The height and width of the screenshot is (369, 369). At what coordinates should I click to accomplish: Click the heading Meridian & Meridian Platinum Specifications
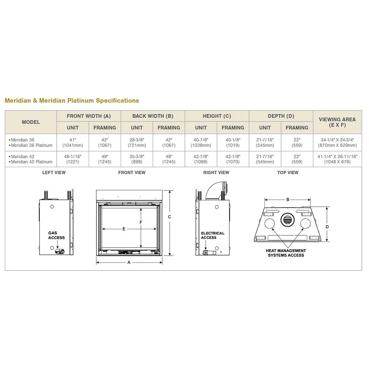click(x=72, y=100)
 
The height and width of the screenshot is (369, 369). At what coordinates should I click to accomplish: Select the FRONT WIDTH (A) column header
click(x=89, y=116)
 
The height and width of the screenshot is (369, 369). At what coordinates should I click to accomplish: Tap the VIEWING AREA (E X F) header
click(x=337, y=122)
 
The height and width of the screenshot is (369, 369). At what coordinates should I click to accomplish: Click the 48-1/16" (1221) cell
click(x=73, y=159)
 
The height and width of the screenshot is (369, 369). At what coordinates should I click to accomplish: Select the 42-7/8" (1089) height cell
click(x=201, y=159)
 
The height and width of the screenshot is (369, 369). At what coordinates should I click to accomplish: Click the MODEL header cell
click(x=31, y=122)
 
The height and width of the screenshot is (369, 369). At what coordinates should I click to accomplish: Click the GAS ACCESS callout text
click(x=56, y=235)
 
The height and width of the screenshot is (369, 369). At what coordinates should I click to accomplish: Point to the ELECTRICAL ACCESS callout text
click(x=213, y=235)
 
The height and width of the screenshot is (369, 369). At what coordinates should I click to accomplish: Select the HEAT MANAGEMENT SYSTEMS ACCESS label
click(x=286, y=253)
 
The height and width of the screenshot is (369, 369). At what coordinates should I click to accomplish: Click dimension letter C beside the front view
click(x=169, y=217)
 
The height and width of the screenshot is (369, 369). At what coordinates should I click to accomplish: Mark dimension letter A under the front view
click(x=129, y=262)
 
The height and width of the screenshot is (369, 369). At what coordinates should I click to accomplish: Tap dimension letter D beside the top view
click(x=327, y=227)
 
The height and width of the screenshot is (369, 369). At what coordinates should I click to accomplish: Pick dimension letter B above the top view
click(x=288, y=200)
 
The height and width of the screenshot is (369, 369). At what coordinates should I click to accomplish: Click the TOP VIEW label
click(x=288, y=173)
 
